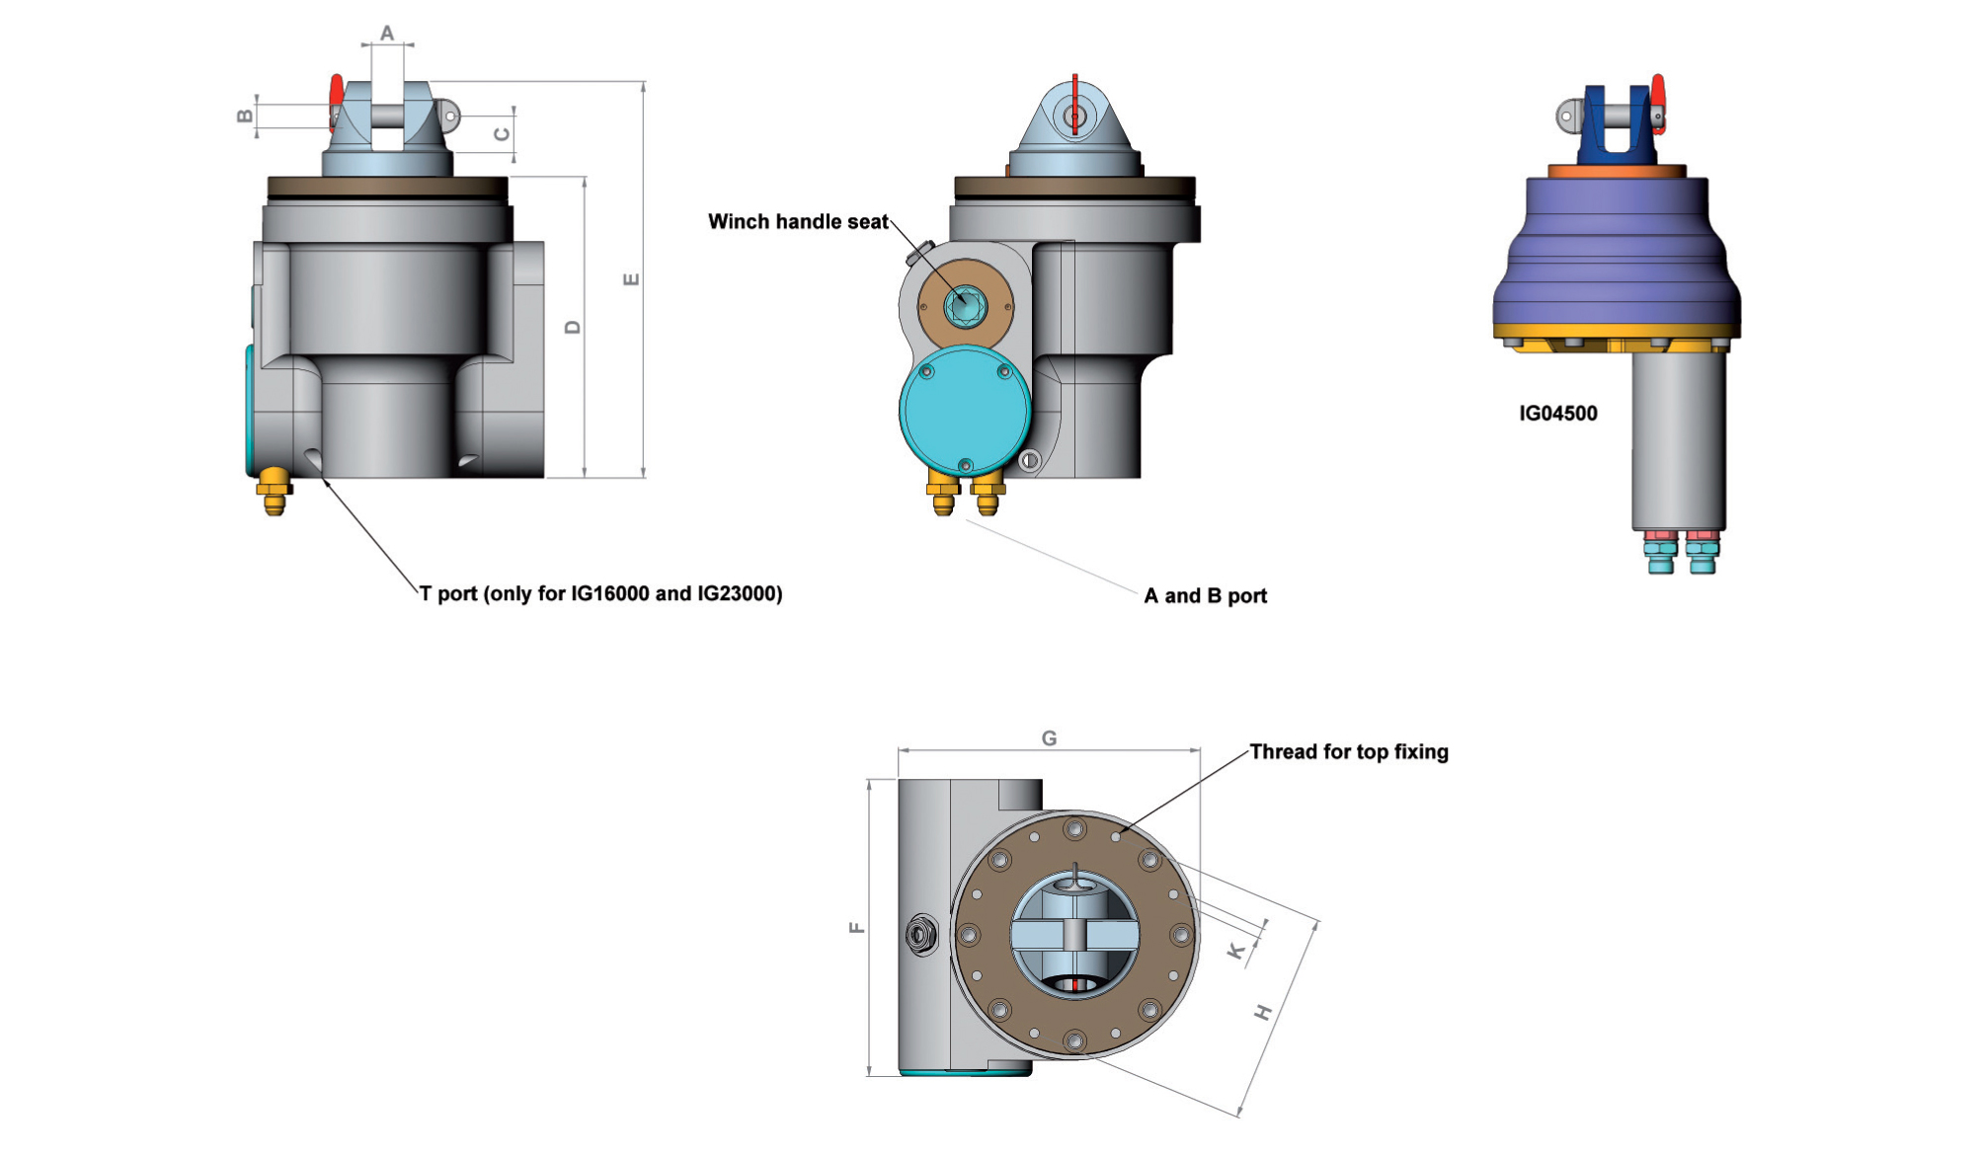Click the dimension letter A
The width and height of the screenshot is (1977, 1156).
(387, 34)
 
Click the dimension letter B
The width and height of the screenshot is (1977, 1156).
(245, 116)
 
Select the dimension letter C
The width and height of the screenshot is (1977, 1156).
(502, 133)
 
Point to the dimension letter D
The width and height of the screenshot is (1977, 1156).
(573, 327)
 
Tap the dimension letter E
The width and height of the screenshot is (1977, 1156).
(631, 279)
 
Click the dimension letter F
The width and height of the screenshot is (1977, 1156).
(856, 927)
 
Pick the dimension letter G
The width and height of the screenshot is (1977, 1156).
(1049, 738)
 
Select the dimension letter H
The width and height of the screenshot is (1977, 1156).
(1263, 1012)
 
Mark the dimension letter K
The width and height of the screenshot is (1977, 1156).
(1235, 951)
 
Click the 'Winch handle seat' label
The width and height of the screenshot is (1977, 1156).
(798, 222)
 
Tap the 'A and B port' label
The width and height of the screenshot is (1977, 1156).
(1205, 596)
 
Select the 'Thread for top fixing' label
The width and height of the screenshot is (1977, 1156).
(1349, 752)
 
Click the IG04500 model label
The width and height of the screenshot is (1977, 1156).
(1557, 414)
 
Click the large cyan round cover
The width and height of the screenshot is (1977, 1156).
(965, 409)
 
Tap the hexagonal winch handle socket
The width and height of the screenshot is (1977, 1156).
(965, 305)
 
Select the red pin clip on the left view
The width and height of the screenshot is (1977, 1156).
(337, 95)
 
